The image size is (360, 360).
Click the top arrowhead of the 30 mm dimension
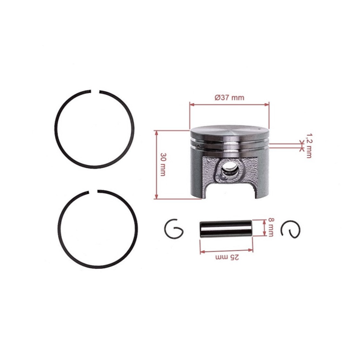coord(157,131)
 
